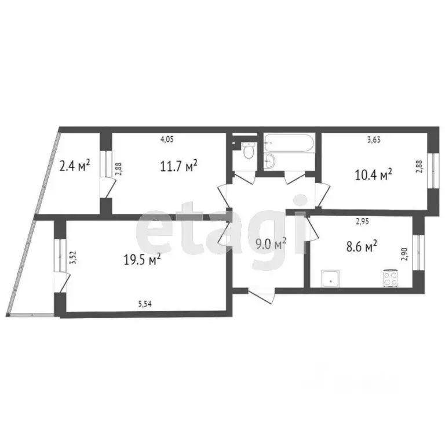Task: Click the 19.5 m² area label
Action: click(142, 261)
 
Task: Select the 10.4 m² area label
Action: click(374, 174)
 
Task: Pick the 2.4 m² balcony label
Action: click(75, 167)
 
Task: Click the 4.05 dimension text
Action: click(167, 139)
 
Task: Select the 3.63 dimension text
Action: click(374, 139)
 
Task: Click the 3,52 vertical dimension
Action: click(73, 257)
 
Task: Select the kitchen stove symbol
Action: click(391, 279)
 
